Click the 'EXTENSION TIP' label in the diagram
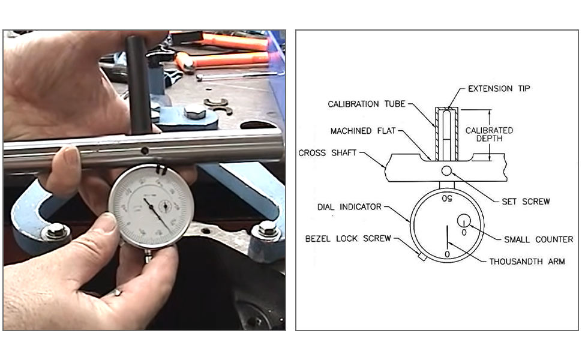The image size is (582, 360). (x=499, y=89)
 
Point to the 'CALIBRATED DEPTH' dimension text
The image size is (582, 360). (x=489, y=135)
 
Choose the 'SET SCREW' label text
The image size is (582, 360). (x=525, y=201)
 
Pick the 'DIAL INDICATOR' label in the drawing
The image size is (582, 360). (x=349, y=207)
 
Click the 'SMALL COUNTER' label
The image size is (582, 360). (x=538, y=239)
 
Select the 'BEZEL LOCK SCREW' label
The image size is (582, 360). (x=348, y=239)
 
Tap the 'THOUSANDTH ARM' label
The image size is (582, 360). (x=526, y=261)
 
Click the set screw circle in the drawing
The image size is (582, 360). (x=446, y=172)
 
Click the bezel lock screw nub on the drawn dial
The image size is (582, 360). (x=421, y=257)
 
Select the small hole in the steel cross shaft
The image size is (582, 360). (x=144, y=151)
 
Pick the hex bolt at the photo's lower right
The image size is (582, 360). (x=267, y=228)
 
